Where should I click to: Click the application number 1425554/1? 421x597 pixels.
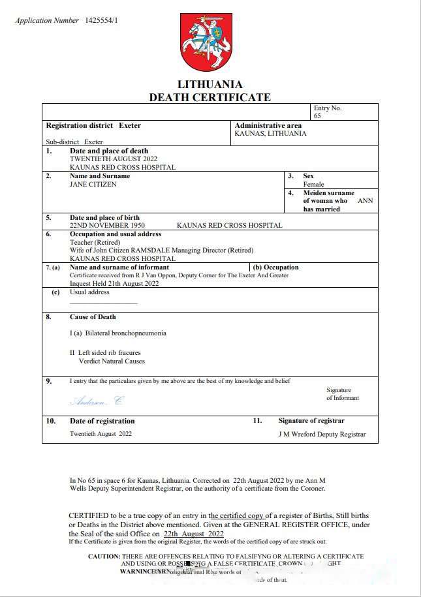(x=102, y=20)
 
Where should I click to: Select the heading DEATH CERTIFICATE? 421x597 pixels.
(x=210, y=97)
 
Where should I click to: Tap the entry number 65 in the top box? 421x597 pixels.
(x=317, y=116)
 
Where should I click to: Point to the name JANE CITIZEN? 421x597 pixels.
(x=93, y=185)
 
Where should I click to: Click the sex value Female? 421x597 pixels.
(x=313, y=185)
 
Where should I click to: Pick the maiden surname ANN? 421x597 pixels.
(x=366, y=201)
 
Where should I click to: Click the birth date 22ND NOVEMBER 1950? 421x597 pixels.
(x=107, y=226)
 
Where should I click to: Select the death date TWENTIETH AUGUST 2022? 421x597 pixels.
(x=114, y=159)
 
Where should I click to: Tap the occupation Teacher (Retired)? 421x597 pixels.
(x=95, y=242)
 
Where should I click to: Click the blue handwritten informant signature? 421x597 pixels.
(x=96, y=401)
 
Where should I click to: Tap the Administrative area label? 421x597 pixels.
(x=268, y=125)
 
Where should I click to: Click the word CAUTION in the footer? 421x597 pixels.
(x=104, y=557)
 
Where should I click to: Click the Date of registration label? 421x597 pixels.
(x=102, y=421)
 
